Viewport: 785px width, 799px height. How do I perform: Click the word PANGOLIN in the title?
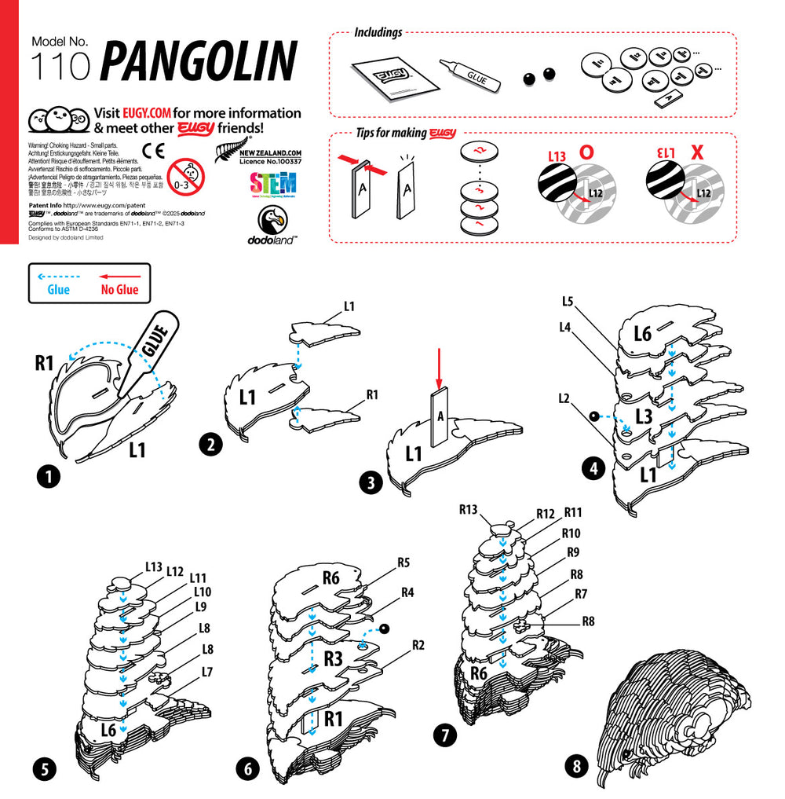(199, 61)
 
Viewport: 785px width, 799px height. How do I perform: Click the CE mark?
(152, 150)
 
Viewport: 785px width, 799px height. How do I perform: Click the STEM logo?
(272, 185)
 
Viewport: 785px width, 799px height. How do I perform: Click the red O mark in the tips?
(586, 152)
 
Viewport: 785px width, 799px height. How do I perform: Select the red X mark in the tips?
(696, 152)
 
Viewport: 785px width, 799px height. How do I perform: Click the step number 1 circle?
(49, 475)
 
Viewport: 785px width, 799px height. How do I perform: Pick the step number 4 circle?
(593, 469)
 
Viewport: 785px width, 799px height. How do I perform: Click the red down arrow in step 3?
(440, 366)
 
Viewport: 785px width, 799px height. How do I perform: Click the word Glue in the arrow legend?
(58, 290)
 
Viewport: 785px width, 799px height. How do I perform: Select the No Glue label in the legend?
(119, 290)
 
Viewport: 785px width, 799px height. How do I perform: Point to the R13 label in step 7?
(469, 509)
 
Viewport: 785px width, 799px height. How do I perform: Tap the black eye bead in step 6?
(385, 628)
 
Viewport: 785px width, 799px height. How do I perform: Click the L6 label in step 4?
(643, 334)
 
